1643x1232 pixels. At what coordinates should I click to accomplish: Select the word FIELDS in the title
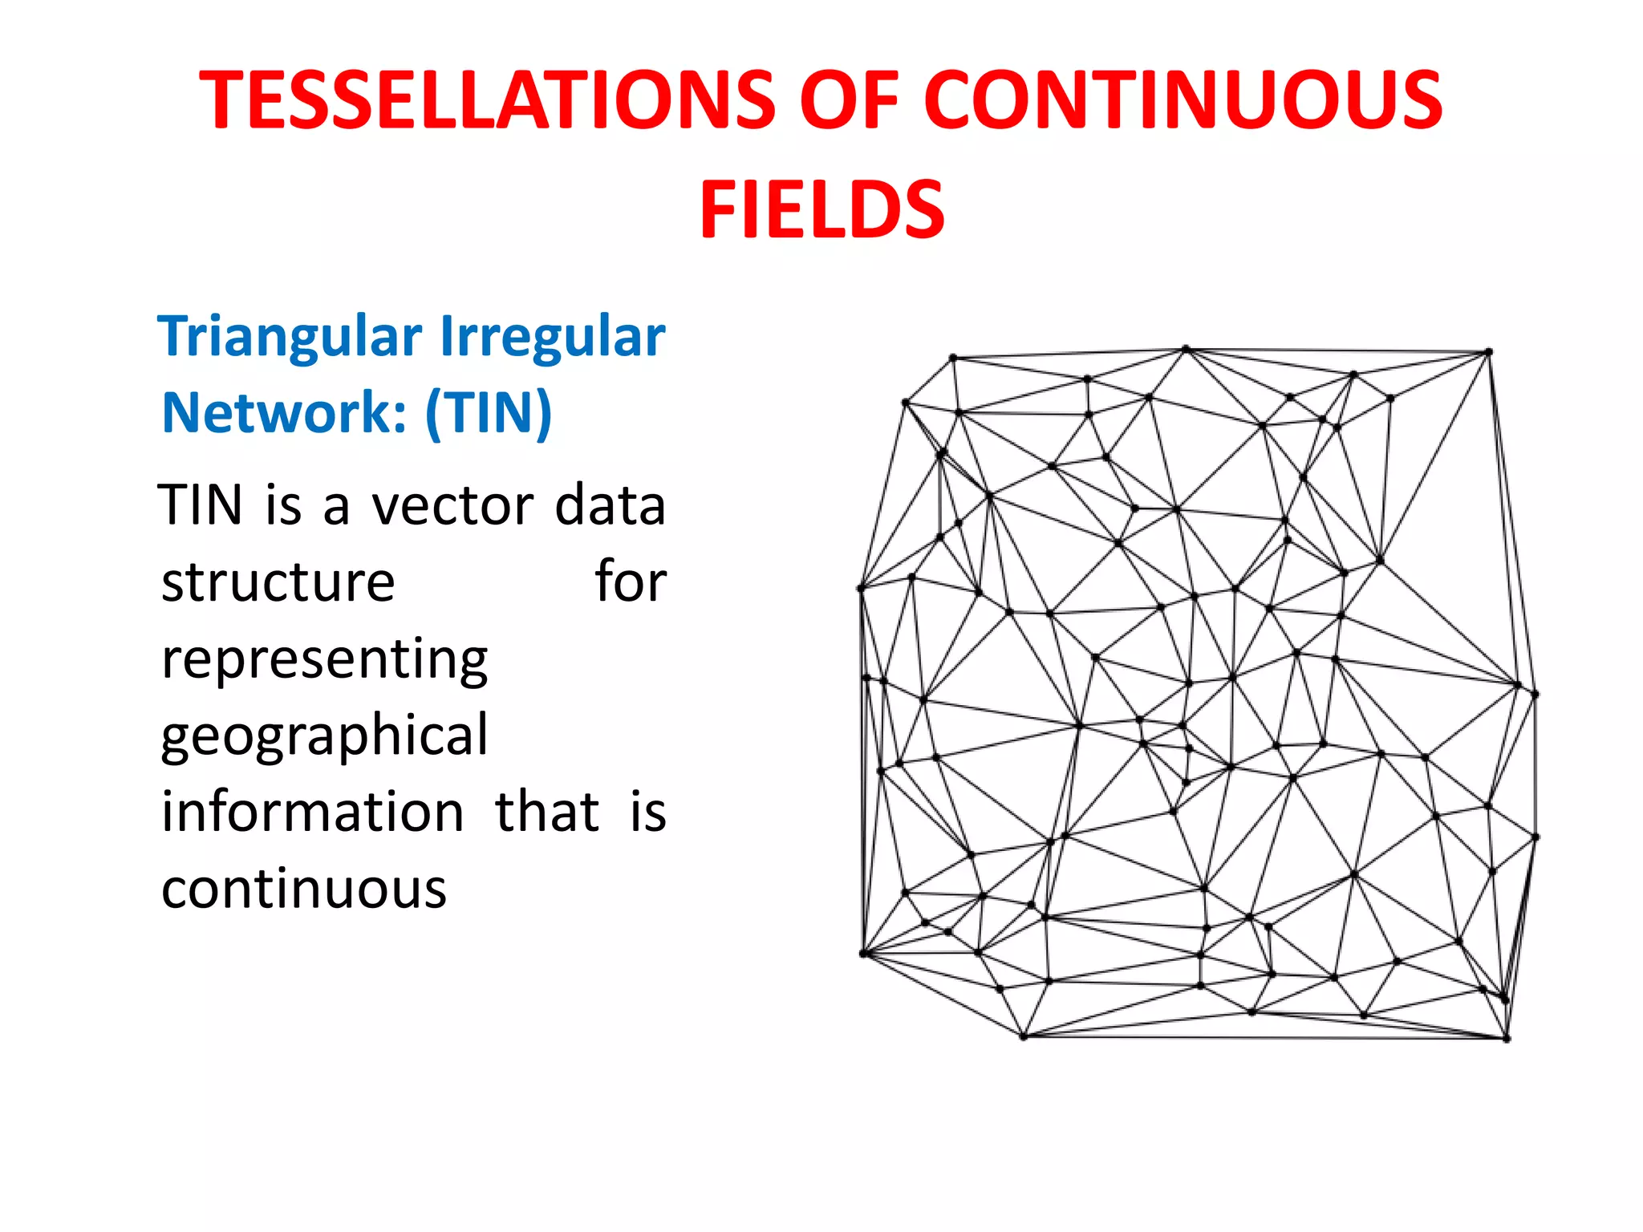(821, 209)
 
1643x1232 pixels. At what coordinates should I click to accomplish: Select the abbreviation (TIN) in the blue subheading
(489, 412)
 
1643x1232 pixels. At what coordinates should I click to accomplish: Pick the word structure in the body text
(278, 582)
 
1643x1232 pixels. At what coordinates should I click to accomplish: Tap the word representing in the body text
(324, 659)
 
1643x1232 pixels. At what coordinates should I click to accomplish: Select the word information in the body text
(313, 812)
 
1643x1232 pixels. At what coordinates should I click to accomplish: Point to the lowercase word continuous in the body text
(303, 889)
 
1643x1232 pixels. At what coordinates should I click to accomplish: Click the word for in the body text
(631, 582)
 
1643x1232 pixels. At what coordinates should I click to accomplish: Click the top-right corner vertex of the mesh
(1488, 352)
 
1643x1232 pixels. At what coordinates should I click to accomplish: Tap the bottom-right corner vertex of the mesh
(1507, 1039)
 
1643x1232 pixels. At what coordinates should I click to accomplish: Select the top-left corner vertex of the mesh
(953, 358)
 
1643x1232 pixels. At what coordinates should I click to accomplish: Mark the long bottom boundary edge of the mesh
(1264, 1038)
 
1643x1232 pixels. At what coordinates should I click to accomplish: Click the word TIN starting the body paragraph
(201, 505)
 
